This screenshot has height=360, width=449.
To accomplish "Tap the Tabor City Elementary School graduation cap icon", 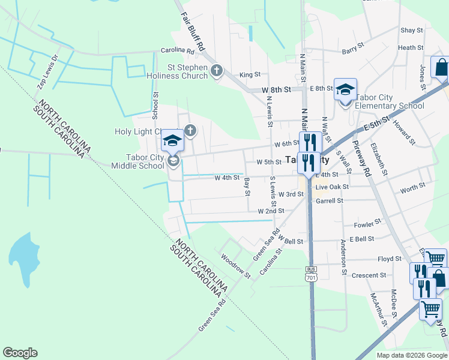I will (345, 89).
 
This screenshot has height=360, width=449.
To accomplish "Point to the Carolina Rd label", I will (178, 51).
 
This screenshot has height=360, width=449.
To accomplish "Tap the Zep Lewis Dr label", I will (47, 72).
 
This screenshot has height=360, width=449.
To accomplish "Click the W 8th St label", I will (277, 89).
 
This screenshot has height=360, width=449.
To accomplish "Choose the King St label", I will (250, 75).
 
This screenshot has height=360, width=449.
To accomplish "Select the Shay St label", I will (412, 30).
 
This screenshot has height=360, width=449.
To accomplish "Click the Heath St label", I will (411, 48).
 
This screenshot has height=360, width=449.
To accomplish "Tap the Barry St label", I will (353, 49).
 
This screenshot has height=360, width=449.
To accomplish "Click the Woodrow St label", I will (235, 266).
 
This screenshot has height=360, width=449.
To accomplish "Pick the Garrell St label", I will (329, 201).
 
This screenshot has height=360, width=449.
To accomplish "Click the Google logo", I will (20, 353).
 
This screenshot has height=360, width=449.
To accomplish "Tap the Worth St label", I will (412, 188).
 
